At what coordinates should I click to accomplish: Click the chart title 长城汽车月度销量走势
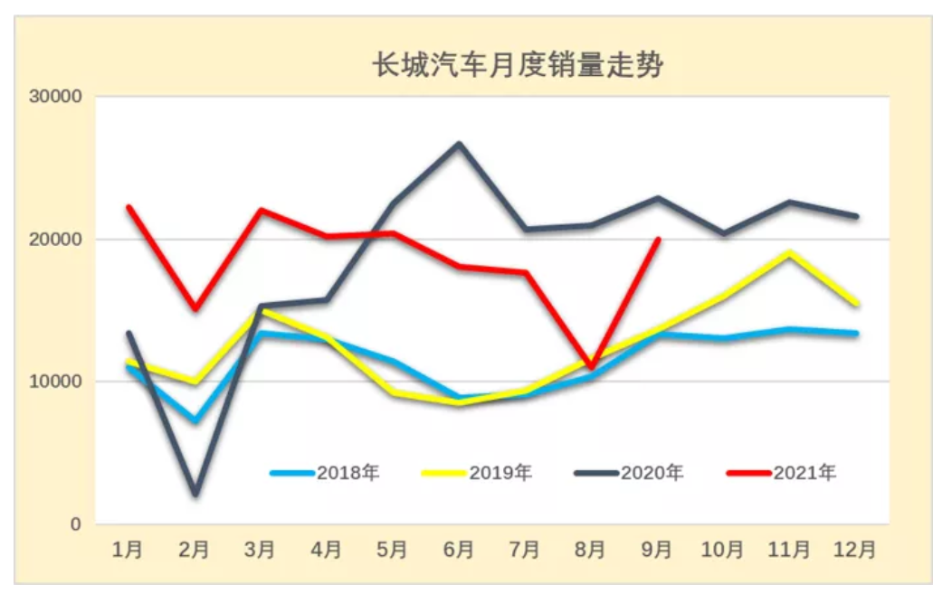[x=519, y=66]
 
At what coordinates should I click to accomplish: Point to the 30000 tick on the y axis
[x=57, y=97]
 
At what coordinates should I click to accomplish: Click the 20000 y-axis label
[x=57, y=240]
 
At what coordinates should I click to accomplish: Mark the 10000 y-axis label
[x=57, y=382]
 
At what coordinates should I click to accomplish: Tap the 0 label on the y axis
[x=76, y=524]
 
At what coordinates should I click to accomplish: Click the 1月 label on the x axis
[x=128, y=549]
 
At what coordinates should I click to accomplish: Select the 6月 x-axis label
[x=459, y=549]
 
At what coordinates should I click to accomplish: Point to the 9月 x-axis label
[x=658, y=549]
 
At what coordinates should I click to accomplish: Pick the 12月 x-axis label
[x=855, y=549]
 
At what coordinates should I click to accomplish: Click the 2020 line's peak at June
[x=459, y=144]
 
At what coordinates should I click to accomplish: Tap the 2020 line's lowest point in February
[x=195, y=494]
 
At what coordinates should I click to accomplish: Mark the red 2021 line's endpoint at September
[x=658, y=240]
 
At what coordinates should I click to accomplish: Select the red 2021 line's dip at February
[x=195, y=309]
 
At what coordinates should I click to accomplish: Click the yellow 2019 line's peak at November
[x=790, y=253]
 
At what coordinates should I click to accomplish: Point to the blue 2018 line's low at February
[x=195, y=420]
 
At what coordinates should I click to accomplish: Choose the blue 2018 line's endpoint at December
[x=855, y=334]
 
